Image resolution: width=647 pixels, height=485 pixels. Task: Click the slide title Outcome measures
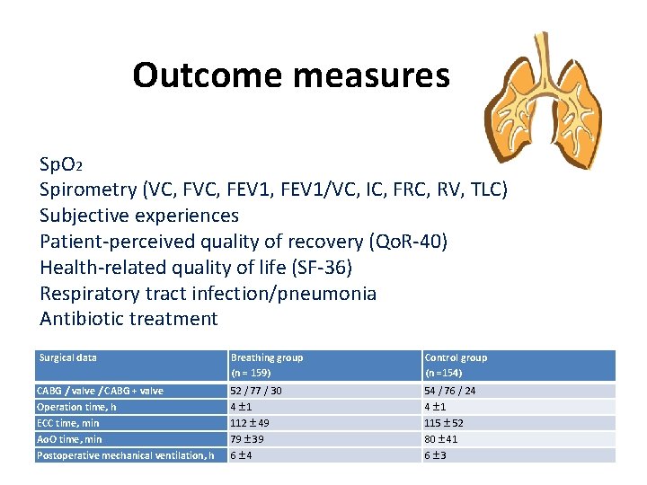click(x=290, y=75)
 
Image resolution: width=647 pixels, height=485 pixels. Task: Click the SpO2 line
click(x=61, y=165)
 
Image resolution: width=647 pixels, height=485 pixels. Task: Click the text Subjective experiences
click(x=139, y=216)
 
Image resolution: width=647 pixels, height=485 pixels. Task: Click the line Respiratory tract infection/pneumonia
click(x=208, y=294)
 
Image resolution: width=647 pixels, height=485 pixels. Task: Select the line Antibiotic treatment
click(x=129, y=319)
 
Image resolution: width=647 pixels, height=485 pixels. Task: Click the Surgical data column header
click(x=68, y=357)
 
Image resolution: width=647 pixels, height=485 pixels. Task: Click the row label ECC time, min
click(x=68, y=423)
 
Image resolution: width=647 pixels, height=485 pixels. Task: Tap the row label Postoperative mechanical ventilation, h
click(x=125, y=455)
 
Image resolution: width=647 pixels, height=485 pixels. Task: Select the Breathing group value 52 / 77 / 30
click(x=256, y=391)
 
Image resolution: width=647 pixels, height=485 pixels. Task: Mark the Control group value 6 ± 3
click(x=436, y=455)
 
